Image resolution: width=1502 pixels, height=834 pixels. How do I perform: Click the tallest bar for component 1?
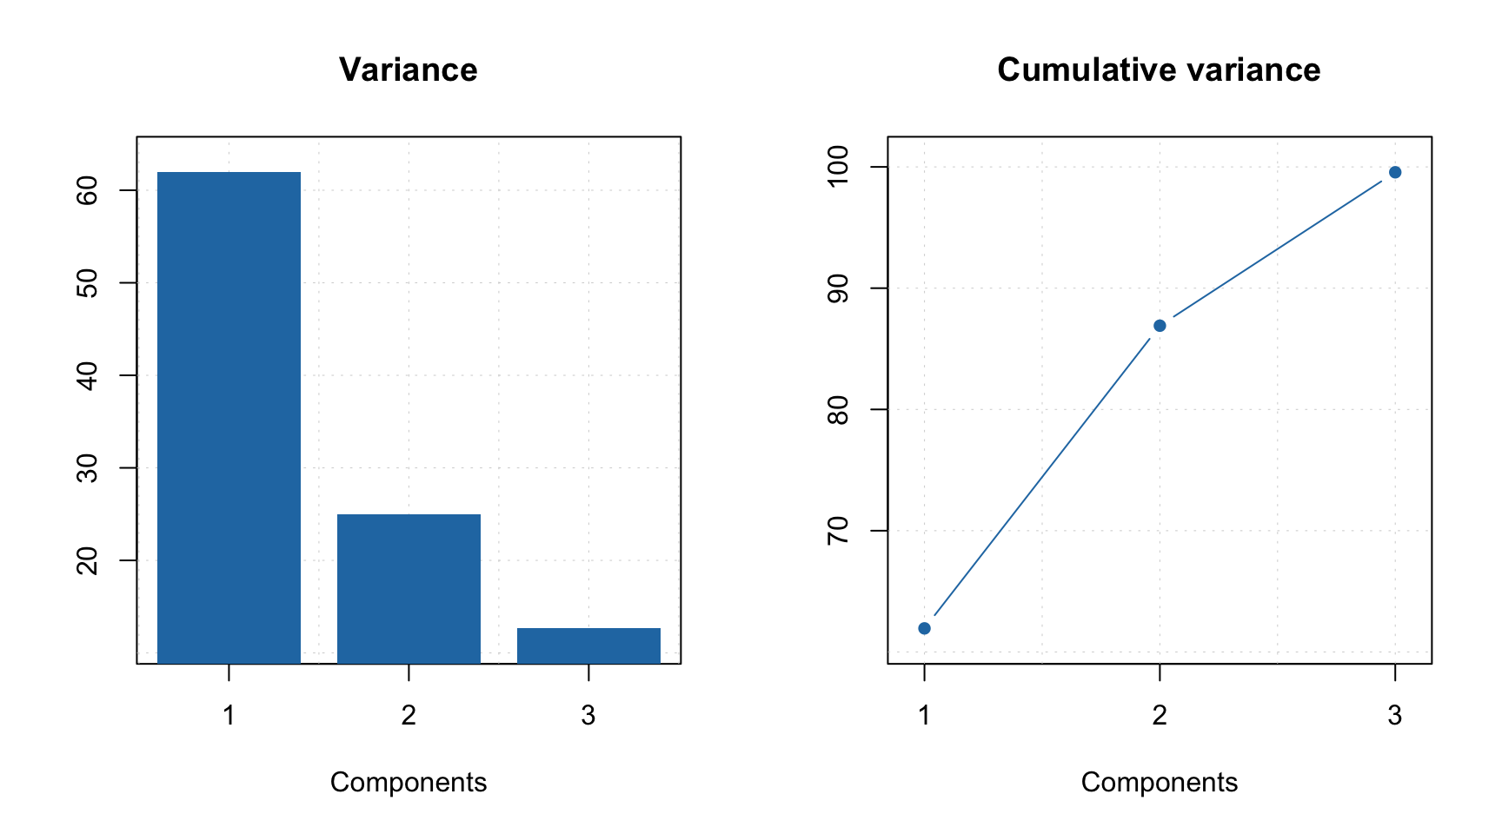coord(229,417)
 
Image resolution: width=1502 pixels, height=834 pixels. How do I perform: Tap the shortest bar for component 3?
coord(588,645)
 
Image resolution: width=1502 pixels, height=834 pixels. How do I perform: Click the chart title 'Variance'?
coord(408,70)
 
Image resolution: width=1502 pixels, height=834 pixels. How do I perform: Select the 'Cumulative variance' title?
coord(1159,70)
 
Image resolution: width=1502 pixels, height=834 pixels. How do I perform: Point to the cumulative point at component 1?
coord(924,628)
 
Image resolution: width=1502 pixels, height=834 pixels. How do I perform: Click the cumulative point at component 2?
coord(1160,326)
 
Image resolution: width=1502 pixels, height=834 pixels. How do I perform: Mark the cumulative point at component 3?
coord(1395,172)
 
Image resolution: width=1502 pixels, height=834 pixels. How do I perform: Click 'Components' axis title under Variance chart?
coord(408,783)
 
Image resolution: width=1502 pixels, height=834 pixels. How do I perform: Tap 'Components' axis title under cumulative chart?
coord(1159,783)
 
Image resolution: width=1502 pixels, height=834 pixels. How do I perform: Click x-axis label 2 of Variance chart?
coord(409,716)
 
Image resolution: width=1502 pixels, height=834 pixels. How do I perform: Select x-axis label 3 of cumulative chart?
coord(1395,716)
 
